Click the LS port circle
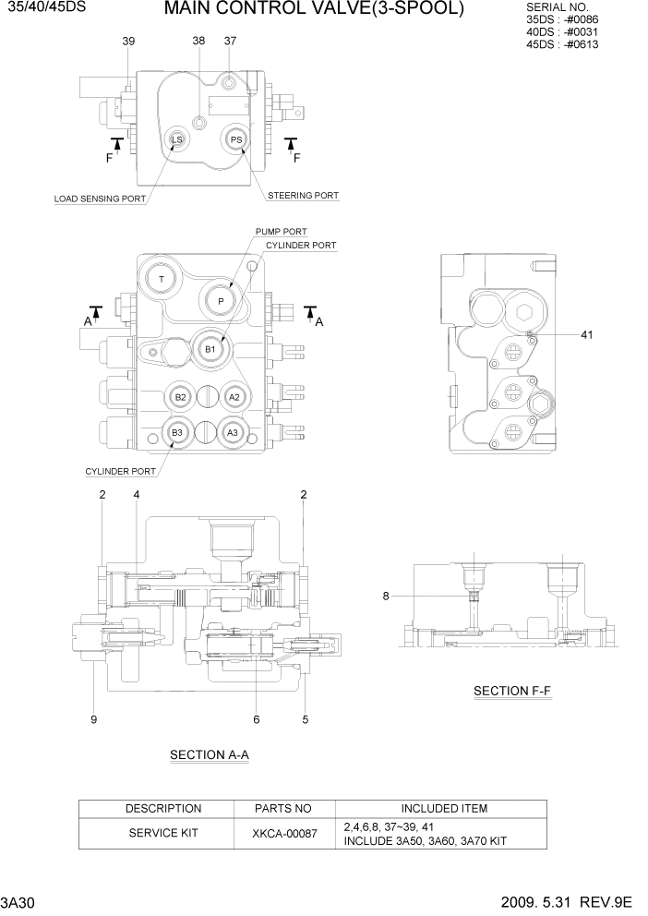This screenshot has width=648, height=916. click(176, 140)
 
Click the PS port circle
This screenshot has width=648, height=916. click(236, 140)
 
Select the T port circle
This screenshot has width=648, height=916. click(162, 279)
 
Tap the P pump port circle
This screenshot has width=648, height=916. click(220, 301)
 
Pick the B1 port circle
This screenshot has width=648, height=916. click(210, 349)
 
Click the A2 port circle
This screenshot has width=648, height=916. click(234, 396)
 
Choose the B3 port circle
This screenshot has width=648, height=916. click(178, 432)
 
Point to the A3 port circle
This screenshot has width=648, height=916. click(234, 432)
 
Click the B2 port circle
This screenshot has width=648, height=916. click(181, 396)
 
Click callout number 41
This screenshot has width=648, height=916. click(586, 335)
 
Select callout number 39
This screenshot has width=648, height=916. click(128, 42)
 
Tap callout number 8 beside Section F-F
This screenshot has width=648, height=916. click(386, 597)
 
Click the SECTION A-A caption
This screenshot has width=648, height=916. click(210, 755)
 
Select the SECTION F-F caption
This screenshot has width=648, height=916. click(511, 691)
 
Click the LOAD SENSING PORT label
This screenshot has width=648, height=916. click(100, 199)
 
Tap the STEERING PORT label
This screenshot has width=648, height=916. click(303, 196)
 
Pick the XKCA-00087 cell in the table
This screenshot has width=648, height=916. click(284, 834)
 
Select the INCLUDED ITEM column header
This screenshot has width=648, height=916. click(443, 809)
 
